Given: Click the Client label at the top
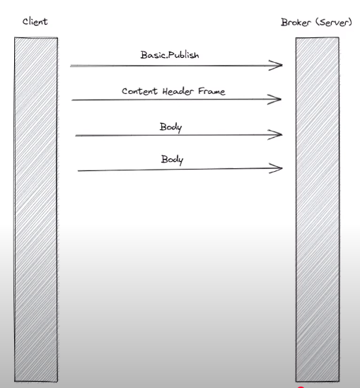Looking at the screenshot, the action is (35, 21).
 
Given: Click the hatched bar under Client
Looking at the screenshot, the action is (36, 209).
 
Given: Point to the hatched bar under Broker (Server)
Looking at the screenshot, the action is (318, 209).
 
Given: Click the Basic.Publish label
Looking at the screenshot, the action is (170, 55).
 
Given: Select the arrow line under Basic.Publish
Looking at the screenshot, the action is (176, 66).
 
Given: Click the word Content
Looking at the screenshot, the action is (139, 91).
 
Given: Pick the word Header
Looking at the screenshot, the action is (178, 91).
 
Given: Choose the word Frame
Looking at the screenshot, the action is (211, 91).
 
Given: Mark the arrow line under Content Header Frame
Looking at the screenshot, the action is (176, 100).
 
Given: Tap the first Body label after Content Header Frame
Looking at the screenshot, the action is (170, 127).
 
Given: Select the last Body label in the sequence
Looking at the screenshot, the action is (172, 160).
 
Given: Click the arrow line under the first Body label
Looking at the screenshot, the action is (179, 135).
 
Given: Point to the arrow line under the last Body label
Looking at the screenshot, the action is (180, 170).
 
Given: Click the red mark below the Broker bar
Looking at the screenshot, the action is (301, 387).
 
